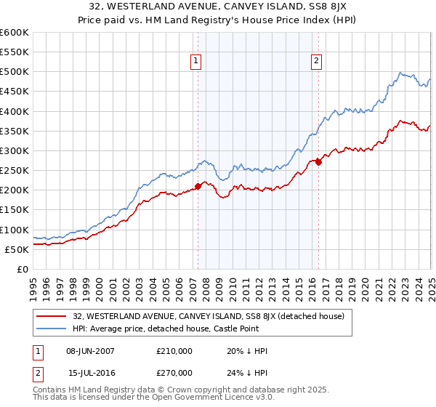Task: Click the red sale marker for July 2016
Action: click(318, 162)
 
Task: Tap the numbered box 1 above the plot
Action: click(197, 62)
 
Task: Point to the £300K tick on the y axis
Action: click(15, 150)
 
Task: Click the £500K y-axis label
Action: click(15, 72)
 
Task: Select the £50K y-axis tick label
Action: click(17, 249)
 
